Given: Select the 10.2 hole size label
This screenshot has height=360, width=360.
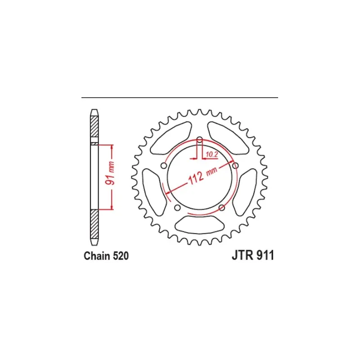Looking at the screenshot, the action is pos(211,154).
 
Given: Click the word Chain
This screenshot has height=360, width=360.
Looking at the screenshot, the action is pos(96,256).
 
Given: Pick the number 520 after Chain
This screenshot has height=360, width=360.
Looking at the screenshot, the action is pos(121,256).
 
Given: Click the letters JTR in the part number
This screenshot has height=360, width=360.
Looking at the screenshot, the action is pos(243,255).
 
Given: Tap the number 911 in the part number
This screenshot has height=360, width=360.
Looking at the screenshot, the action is pos(265,255).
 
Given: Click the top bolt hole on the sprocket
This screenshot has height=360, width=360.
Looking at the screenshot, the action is pos(200,139).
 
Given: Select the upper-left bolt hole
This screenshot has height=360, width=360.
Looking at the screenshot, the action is pos(164,166).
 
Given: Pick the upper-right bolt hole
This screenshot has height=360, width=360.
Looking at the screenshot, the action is pos(235,166).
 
